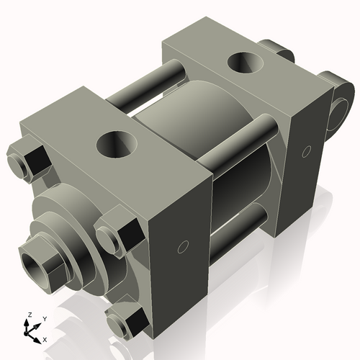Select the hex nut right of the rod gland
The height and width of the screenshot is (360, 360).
(117, 235)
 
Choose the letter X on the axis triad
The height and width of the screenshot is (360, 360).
(45, 338)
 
